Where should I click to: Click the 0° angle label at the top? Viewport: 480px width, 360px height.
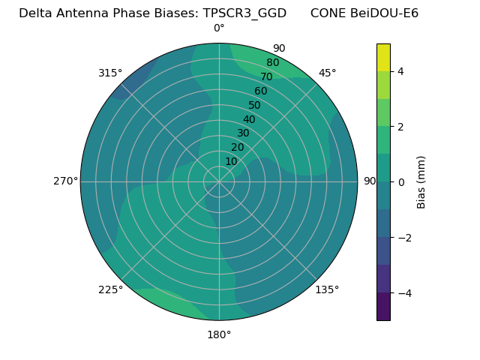219,28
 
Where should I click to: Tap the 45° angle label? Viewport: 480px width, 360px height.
327,73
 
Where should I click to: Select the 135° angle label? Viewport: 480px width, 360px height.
327,289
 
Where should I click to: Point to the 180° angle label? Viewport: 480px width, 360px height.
219,334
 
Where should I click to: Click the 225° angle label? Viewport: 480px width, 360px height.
110,289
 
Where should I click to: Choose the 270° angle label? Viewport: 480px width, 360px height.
65,181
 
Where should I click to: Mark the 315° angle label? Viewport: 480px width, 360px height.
110,73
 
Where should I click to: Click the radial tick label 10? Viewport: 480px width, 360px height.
231,161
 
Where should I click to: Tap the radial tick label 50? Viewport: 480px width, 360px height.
255,105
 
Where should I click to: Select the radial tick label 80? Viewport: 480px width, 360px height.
273,63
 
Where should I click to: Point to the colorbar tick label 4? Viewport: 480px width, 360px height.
401,71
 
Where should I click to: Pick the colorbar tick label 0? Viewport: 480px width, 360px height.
401,181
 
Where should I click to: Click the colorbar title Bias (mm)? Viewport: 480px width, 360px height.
421,181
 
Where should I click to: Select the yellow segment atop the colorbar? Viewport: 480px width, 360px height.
383,57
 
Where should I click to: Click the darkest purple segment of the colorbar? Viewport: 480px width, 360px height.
383,306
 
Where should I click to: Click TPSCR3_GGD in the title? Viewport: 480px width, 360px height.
244,13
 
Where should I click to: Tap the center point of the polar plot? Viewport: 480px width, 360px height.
219,181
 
